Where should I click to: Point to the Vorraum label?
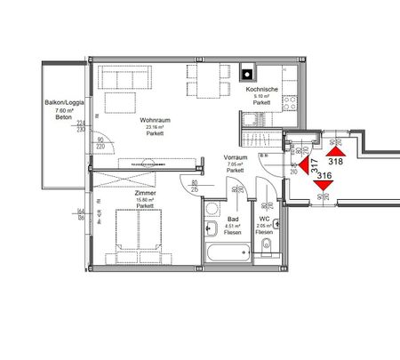point(235,156)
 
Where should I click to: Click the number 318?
point(336,162)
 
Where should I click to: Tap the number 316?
point(324,176)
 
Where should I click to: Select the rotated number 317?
point(313,165)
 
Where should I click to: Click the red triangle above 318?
point(335,148)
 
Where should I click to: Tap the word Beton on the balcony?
point(61,118)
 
